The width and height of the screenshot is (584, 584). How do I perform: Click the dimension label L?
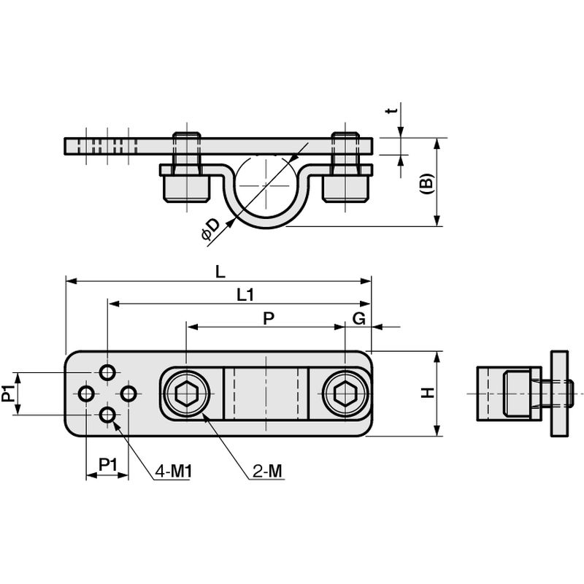[x=220, y=272]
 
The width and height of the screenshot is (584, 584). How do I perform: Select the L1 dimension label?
[x=245, y=295]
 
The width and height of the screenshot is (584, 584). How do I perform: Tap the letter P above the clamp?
[x=269, y=318]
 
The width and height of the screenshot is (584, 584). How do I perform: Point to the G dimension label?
[x=359, y=318]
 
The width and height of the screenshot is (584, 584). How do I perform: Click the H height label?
[x=428, y=393]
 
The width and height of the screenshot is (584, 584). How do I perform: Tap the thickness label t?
[x=391, y=110]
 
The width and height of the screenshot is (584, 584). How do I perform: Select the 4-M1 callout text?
[x=173, y=472]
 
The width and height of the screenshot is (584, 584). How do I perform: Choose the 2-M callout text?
[x=267, y=472]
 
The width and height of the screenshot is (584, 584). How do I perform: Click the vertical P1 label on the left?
[x=8, y=393]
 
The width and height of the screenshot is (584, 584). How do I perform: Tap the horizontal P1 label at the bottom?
[x=107, y=465]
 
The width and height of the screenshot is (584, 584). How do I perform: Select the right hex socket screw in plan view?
[x=345, y=393]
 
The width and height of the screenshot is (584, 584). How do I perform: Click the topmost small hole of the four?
[x=107, y=372]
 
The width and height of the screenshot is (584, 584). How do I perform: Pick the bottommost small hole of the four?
[x=107, y=415]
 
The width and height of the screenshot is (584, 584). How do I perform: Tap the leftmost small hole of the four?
[x=86, y=393]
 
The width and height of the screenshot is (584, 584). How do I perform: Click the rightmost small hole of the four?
[x=129, y=393]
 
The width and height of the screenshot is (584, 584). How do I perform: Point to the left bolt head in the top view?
[x=186, y=188]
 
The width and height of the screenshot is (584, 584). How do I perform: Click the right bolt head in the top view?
[x=345, y=188]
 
